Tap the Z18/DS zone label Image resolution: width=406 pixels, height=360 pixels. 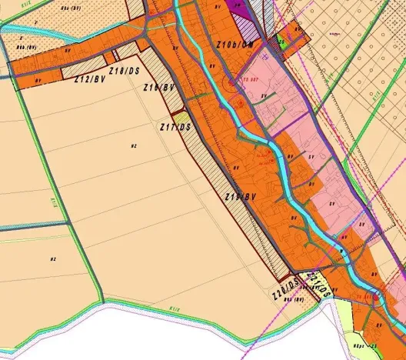click(x=125, y=72)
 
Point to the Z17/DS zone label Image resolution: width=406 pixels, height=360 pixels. click(x=175, y=126)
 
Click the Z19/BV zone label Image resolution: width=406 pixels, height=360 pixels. click(x=239, y=198)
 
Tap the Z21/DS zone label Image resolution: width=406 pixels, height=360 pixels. click(x=319, y=286)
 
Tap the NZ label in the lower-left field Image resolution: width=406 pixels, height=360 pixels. click(x=53, y=259)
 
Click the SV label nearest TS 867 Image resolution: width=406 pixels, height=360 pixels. click(x=264, y=96)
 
